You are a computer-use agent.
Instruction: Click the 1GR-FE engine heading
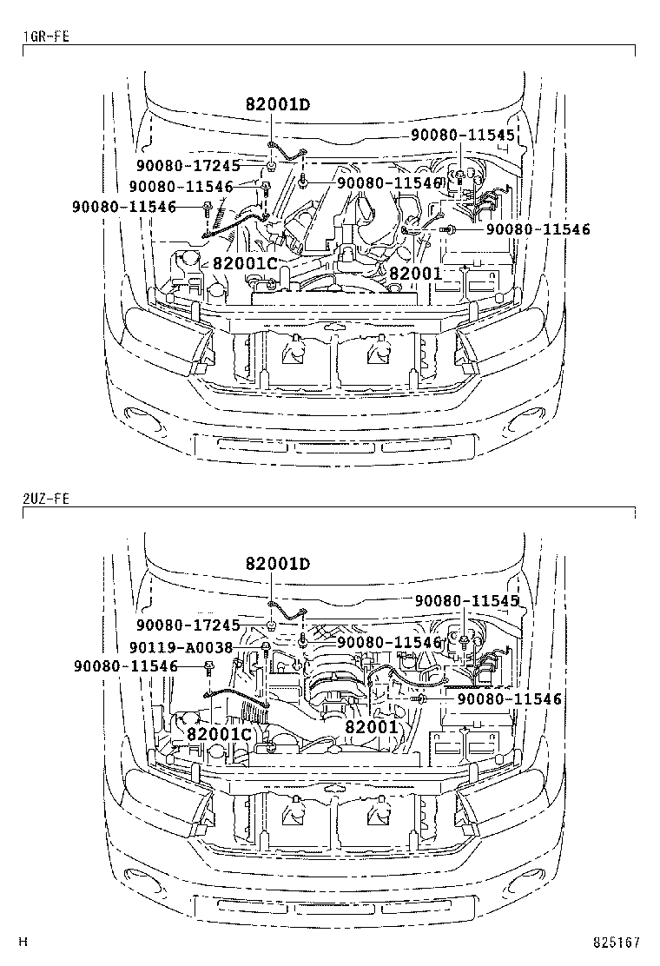click(45, 36)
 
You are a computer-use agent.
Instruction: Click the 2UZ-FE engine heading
click(45, 499)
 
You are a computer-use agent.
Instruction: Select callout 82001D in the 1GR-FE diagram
click(278, 106)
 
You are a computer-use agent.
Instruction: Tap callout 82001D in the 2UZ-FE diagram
click(278, 565)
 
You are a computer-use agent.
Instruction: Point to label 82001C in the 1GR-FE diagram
click(245, 263)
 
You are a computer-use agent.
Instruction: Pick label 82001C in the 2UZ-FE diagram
click(219, 734)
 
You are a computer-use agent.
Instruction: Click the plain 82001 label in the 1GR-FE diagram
click(415, 273)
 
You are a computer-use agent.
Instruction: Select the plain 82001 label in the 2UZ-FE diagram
click(371, 726)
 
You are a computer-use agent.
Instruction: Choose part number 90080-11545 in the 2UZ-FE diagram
click(466, 600)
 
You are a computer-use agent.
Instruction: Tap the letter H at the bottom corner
click(24, 942)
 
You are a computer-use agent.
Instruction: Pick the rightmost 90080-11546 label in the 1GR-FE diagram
click(538, 229)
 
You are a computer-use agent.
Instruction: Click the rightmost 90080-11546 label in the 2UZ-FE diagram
click(510, 698)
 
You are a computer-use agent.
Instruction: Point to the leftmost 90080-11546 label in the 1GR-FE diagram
click(125, 207)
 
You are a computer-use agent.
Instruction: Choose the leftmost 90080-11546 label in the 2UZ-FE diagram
click(125, 666)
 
